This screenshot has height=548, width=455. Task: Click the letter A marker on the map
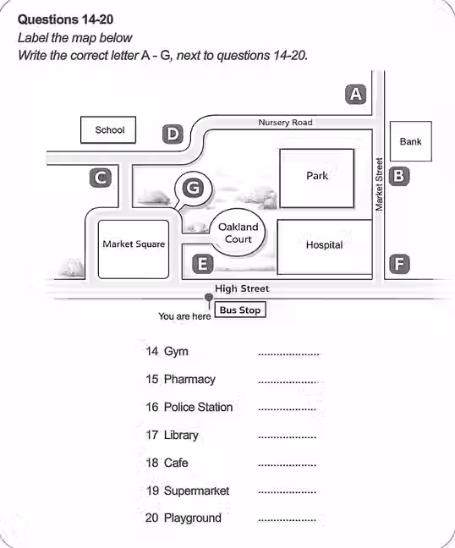[356, 95]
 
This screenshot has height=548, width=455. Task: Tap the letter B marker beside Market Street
[399, 176]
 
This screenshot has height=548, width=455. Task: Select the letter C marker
[101, 178]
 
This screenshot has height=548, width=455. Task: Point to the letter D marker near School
[173, 134]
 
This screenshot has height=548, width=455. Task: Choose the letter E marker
[203, 264]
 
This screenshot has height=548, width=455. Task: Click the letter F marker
[399, 264]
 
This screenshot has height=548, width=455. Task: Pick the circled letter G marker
[194, 188]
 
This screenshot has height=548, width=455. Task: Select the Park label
[317, 175]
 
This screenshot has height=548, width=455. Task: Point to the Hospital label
[324, 244]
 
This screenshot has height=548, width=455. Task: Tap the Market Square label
[134, 244]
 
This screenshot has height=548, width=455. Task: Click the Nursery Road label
[285, 123]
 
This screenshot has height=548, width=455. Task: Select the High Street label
[242, 288]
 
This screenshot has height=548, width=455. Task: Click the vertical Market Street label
[379, 184]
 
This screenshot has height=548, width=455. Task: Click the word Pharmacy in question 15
[189, 379]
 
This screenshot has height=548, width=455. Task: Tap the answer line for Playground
[287, 520]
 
